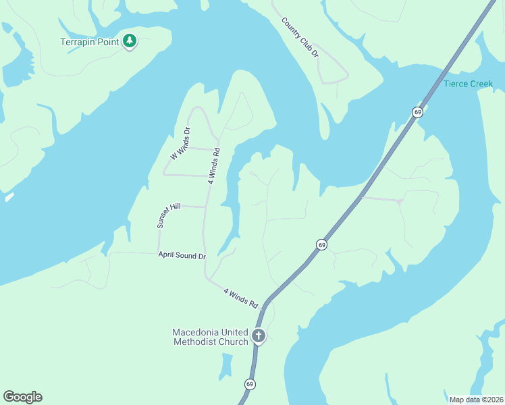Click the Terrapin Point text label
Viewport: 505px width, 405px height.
90,42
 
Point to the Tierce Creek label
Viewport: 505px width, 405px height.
469,84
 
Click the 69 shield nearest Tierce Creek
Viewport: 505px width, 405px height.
418,111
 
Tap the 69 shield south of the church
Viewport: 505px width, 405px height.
250,384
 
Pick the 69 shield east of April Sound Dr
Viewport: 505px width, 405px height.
321,244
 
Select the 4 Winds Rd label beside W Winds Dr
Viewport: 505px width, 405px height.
215,165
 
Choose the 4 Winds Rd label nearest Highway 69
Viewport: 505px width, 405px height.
241,298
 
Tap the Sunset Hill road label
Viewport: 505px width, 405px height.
169,215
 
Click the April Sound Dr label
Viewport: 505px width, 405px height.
182,256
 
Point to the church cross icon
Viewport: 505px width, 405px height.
258,335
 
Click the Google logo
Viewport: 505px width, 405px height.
22,397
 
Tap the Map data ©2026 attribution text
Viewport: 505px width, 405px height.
476,399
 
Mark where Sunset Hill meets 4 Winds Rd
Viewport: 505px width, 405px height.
205,207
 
